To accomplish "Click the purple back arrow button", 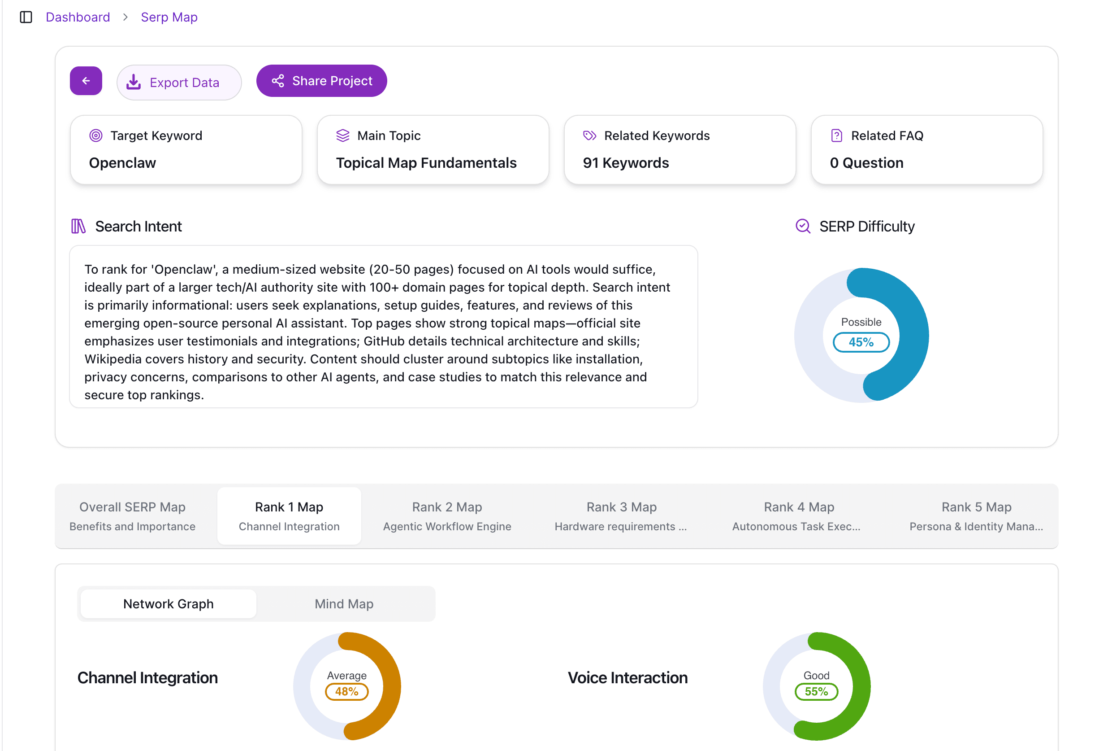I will pos(86,81).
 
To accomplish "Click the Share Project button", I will pos(321,81).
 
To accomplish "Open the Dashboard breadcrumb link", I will pos(78,17).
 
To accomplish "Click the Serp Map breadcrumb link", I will pos(169,17).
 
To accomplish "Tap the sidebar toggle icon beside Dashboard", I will pos(26,17).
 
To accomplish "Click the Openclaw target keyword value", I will pos(122,163).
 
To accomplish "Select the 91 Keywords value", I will pos(625,163).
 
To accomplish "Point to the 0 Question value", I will pos(866,163).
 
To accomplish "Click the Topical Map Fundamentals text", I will pos(426,163).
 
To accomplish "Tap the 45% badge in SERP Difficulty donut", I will pos(861,342).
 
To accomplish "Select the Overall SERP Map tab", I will pos(132,516).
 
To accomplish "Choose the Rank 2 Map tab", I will pos(446,516).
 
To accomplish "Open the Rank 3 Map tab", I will pos(621,516).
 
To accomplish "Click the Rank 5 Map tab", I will pos(976,516).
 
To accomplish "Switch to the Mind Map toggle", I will pos(344,604).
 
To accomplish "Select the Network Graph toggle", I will pos(169,604).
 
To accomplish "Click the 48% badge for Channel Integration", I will pos(346,691).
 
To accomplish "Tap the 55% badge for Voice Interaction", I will pos(816,691).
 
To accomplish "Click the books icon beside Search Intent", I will pos(78,226).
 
